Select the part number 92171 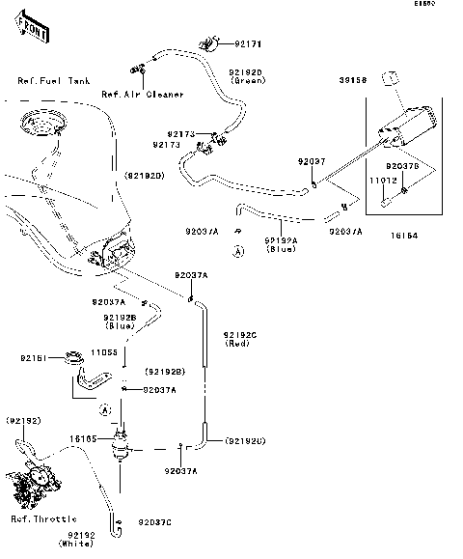[x=248, y=44]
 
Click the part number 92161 [x=34, y=358]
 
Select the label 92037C [x=154, y=522]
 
